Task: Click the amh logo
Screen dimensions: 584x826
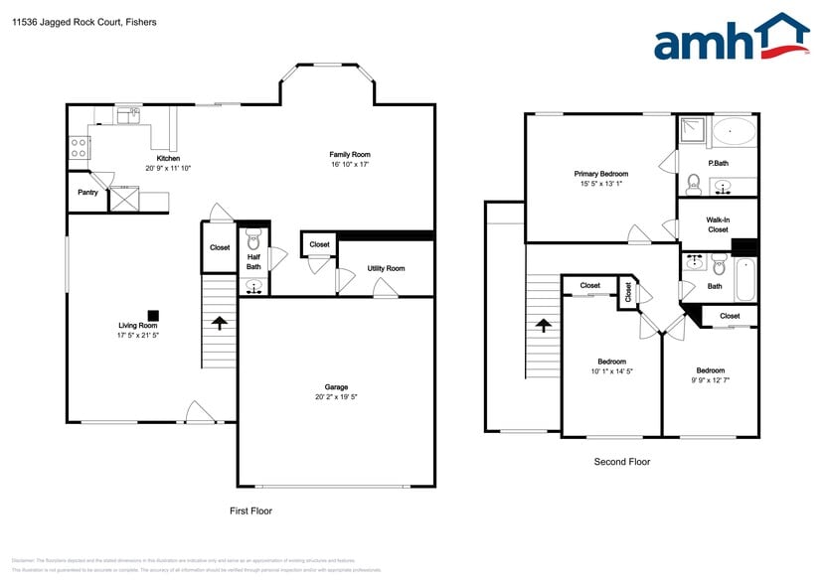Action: point(731,40)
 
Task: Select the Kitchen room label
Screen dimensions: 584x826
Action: point(168,159)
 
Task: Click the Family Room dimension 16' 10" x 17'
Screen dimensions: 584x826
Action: point(350,165)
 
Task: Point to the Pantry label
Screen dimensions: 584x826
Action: point(87,193)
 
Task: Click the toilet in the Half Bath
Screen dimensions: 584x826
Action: point(253,238)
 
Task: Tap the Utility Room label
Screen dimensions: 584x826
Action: point(386,269)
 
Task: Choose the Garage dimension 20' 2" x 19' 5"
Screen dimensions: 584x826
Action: point(336,397)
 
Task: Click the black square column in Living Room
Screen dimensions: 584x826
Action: point(153,311)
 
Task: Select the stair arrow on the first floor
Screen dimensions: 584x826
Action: point(219,323)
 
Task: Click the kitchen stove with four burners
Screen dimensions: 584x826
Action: point(79,148)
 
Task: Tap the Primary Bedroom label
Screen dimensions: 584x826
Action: point(600,174)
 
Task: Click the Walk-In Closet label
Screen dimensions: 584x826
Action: point(717,224)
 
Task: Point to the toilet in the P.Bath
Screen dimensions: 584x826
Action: point(694,183)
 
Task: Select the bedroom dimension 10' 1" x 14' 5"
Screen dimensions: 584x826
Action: point(611,371)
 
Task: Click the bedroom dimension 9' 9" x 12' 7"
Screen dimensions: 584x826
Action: point(710,379)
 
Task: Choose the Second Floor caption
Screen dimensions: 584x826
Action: point(622,462)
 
